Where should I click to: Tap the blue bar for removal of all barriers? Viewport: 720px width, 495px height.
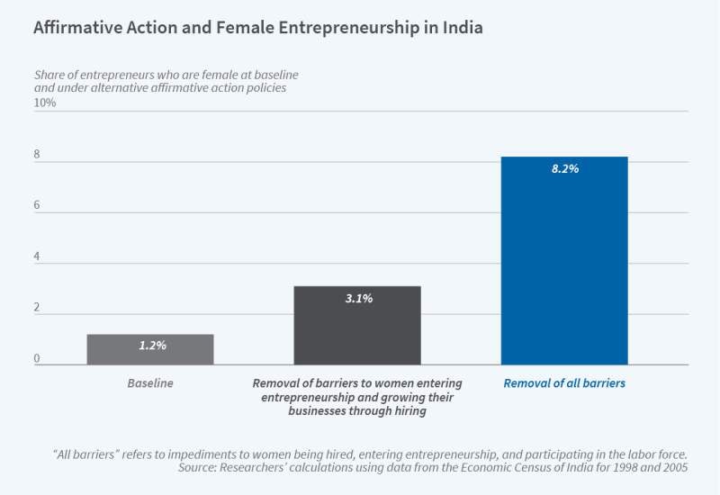564,261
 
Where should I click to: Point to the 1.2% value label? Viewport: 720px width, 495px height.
150,346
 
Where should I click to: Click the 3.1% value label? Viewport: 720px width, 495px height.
357,298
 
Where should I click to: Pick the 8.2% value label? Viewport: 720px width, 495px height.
564,168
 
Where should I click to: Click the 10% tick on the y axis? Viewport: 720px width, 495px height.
45,103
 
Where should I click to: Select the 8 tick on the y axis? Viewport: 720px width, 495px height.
38,154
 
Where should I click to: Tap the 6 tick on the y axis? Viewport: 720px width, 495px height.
38,205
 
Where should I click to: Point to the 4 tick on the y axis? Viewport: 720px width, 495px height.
38,256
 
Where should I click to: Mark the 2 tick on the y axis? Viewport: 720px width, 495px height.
38,309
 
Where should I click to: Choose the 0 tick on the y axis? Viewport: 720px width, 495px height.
38,359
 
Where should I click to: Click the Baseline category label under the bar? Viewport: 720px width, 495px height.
150,383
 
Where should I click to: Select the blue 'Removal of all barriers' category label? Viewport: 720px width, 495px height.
564,383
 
